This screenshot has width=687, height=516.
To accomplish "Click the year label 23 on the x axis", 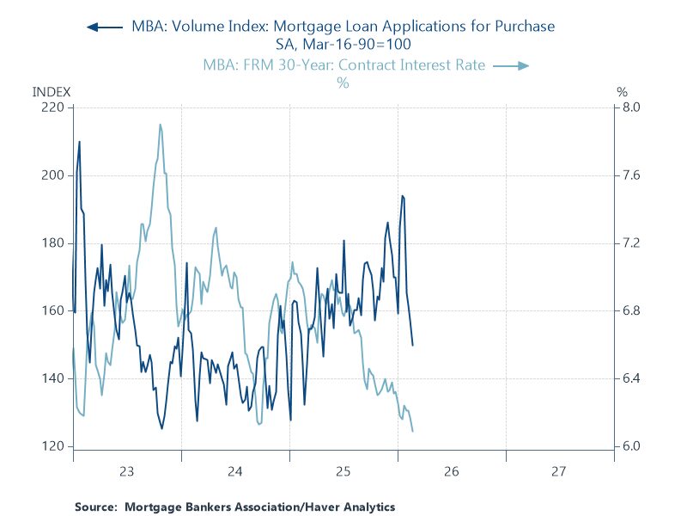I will [x=127, y=471].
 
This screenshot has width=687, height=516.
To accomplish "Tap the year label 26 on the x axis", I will [x=452, y=471].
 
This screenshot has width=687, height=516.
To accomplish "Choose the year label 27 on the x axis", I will [x=560, y=471].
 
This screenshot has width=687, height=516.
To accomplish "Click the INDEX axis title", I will [x=52, y=91].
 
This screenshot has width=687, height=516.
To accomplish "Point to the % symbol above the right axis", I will [x=623, y=91].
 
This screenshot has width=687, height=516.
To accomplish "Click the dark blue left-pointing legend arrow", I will [x=104, y=27].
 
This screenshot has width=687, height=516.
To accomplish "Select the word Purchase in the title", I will [x=521, y=27].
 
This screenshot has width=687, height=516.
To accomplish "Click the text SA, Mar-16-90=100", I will [x=343, y=44].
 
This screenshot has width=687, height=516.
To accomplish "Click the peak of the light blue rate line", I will [x=160, y=125].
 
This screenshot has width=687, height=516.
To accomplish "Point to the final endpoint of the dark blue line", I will [x=413, y=346].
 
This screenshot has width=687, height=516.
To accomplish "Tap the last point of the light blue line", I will [x=413, y=431].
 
